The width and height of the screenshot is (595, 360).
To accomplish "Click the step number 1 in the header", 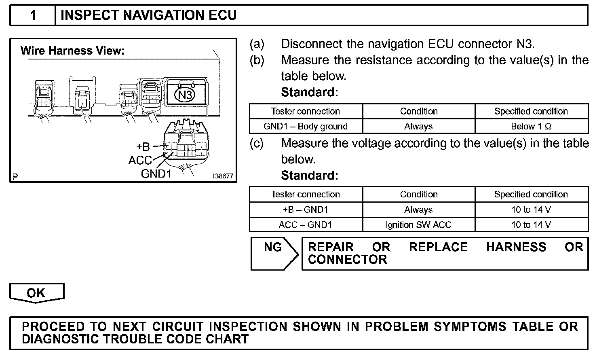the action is coord(33,15).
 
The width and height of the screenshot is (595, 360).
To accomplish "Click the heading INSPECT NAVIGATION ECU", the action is coord(148,15).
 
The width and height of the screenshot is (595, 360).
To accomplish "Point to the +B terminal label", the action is coord(143,146).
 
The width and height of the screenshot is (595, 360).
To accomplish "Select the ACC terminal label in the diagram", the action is coord(140,161).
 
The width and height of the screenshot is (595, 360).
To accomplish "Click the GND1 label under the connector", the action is coord(156,174).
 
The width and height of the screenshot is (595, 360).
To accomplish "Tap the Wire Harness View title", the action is coord(72,51).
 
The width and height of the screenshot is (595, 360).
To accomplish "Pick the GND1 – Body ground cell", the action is coord(306,126).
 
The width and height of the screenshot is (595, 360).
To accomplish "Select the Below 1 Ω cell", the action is coord(531,126).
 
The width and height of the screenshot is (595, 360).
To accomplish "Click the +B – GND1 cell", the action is coord(306,210).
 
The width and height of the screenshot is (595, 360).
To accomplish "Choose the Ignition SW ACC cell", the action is coord(418,224).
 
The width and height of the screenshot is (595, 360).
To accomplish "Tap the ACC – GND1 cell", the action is coord(306,224).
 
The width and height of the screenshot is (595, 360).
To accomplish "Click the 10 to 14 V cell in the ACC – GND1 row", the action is coord(531,224).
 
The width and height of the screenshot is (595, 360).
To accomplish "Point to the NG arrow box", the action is coord(273,253).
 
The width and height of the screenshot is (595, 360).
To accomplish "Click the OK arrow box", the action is coord(36,293).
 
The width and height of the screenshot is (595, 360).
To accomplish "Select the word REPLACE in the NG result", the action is coord(438,247).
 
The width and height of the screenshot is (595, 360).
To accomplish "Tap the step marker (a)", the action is coord(257,44).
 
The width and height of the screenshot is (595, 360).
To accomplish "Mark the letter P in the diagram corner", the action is coord(15,176).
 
